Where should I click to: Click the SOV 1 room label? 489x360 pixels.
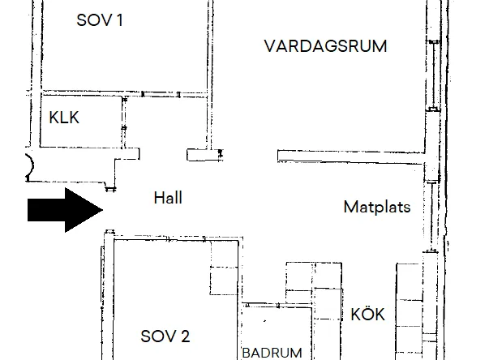[100, 20]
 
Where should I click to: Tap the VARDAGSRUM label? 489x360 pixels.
[325, 46]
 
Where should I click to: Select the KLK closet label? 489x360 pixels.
[64, 118]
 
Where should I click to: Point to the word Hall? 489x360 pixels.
[168, 198]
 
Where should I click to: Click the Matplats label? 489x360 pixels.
[377, 207]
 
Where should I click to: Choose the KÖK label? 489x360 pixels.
[367, 314]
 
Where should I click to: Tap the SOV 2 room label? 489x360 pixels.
[165, 336]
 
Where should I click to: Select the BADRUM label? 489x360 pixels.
[272, 353]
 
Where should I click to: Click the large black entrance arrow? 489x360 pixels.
[65, 210]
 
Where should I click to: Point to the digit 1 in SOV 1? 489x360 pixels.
[119, 20]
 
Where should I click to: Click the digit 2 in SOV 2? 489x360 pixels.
[185, 336]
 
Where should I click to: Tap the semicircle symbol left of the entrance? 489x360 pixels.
[31, 165]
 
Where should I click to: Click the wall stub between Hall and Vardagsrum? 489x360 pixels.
[205, 155]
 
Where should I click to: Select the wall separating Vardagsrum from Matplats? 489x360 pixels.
[351, 157]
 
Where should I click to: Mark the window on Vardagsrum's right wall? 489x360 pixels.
[433, 75]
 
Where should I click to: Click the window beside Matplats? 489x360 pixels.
[431, 216]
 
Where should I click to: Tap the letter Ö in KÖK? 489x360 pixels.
[367, 314]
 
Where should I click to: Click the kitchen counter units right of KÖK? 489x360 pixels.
[410, 311]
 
